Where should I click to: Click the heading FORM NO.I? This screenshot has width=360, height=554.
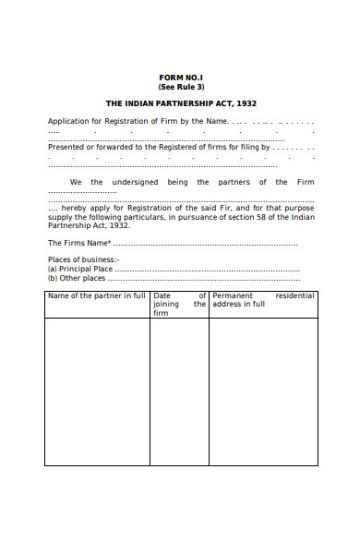181,78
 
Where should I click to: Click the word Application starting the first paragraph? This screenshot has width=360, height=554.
70,121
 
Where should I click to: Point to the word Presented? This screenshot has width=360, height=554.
66,147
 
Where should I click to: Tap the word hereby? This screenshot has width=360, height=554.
76,209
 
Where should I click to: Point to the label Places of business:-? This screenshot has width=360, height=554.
83,259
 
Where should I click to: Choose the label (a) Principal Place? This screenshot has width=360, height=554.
79,269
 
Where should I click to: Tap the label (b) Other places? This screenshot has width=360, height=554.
77,277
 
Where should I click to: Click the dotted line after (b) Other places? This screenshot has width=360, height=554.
203,278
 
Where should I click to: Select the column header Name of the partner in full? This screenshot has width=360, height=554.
97,295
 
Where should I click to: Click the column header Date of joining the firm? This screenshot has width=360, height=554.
179,304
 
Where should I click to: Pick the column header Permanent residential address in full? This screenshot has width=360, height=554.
263,299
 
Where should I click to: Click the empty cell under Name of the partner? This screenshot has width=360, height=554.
97,392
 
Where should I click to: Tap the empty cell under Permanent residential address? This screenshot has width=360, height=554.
263,392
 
